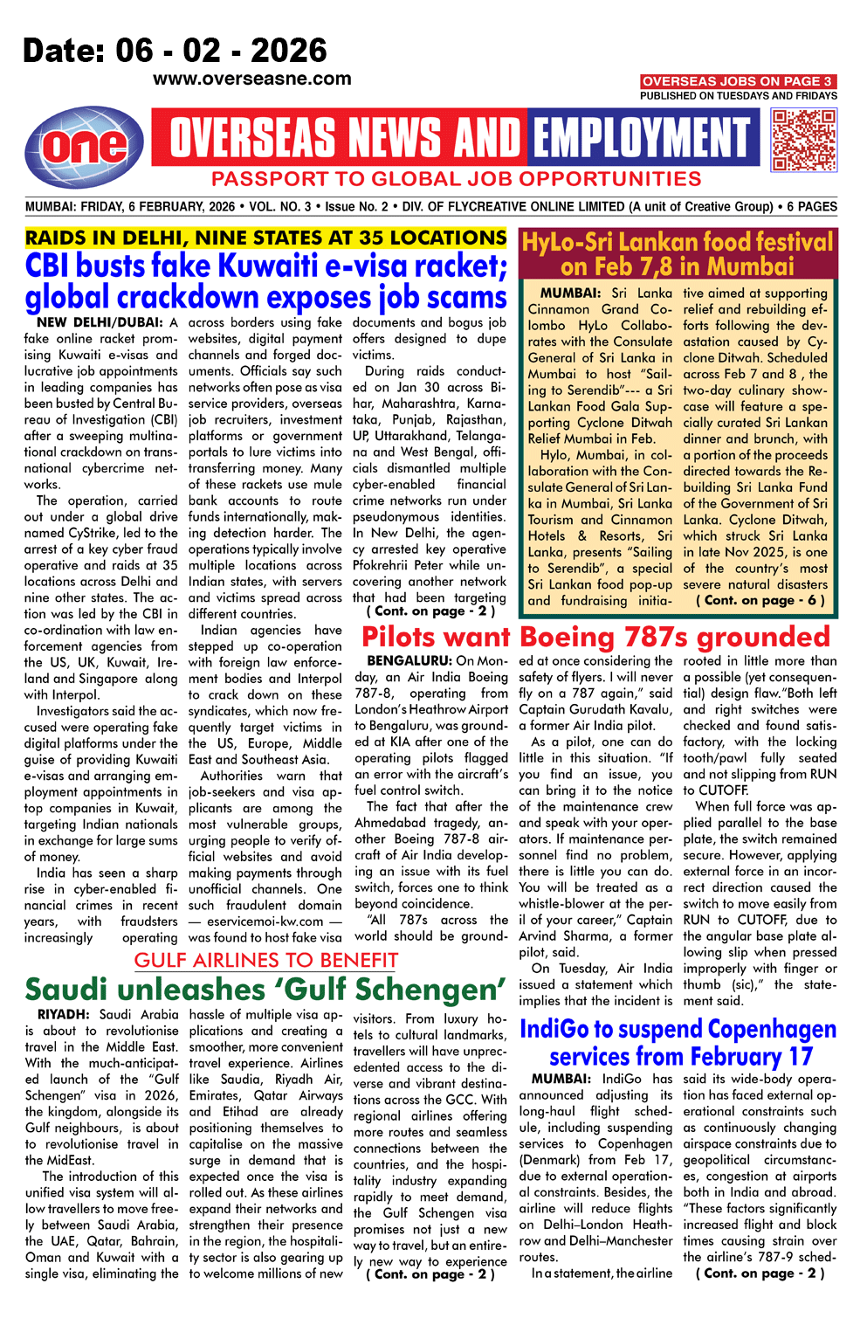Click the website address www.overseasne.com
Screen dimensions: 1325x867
[251, 79]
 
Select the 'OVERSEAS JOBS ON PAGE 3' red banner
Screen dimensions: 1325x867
[738, 81]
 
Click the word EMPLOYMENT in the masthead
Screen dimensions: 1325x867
[642, 137]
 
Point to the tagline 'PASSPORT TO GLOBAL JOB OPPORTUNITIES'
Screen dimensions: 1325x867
[456, 179]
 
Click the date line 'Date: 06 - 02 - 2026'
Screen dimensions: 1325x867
[175, 51]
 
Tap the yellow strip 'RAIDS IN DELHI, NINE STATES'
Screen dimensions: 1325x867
[265, 238]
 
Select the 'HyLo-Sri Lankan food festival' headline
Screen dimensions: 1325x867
[678, 254]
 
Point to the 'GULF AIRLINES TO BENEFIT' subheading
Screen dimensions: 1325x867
[265, 961]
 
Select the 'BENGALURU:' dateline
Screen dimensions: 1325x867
[409, 661]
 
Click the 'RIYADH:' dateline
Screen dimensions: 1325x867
[64, 1015]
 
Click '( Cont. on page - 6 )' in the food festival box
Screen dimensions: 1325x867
[760, 600]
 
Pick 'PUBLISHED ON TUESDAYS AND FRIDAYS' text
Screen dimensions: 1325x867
[738, 96]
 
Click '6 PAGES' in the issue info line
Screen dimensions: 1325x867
[811, 207]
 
